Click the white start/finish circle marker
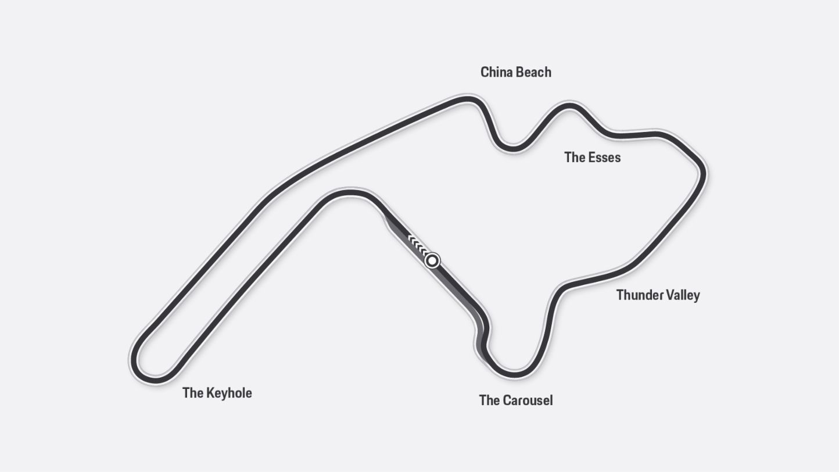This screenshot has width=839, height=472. pyautogui.click(x=432, y=260)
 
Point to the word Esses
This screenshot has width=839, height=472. pyautogui.click(x=605, y=158)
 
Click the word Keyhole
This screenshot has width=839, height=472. pyautogui.click(x=229, y=394)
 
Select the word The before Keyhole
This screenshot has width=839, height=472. pyautogui.click(x=192, y=393)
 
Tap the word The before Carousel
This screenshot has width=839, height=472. pyautogui.click(x=489, y=401)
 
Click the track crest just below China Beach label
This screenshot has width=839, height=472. pyautogui.click(x=468, y=99)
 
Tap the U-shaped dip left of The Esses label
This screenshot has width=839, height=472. pyautogui.click(x=513, y=148)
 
